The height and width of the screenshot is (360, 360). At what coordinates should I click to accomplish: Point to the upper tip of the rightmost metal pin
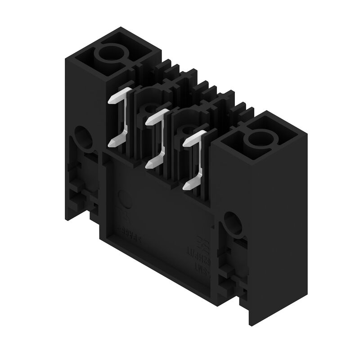185,142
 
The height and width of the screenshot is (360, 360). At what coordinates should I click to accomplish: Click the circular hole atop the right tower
258,139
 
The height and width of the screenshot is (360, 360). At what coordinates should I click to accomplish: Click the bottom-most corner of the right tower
250,324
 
